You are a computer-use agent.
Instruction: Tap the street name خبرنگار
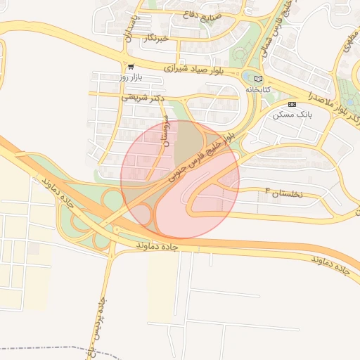tap(154, 38)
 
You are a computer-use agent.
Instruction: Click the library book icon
tap(258, 79)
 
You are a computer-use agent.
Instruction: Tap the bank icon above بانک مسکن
tap(292, 104)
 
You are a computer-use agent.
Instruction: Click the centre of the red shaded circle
tap(180, 179)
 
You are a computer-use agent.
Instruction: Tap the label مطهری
tap(348, 42)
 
